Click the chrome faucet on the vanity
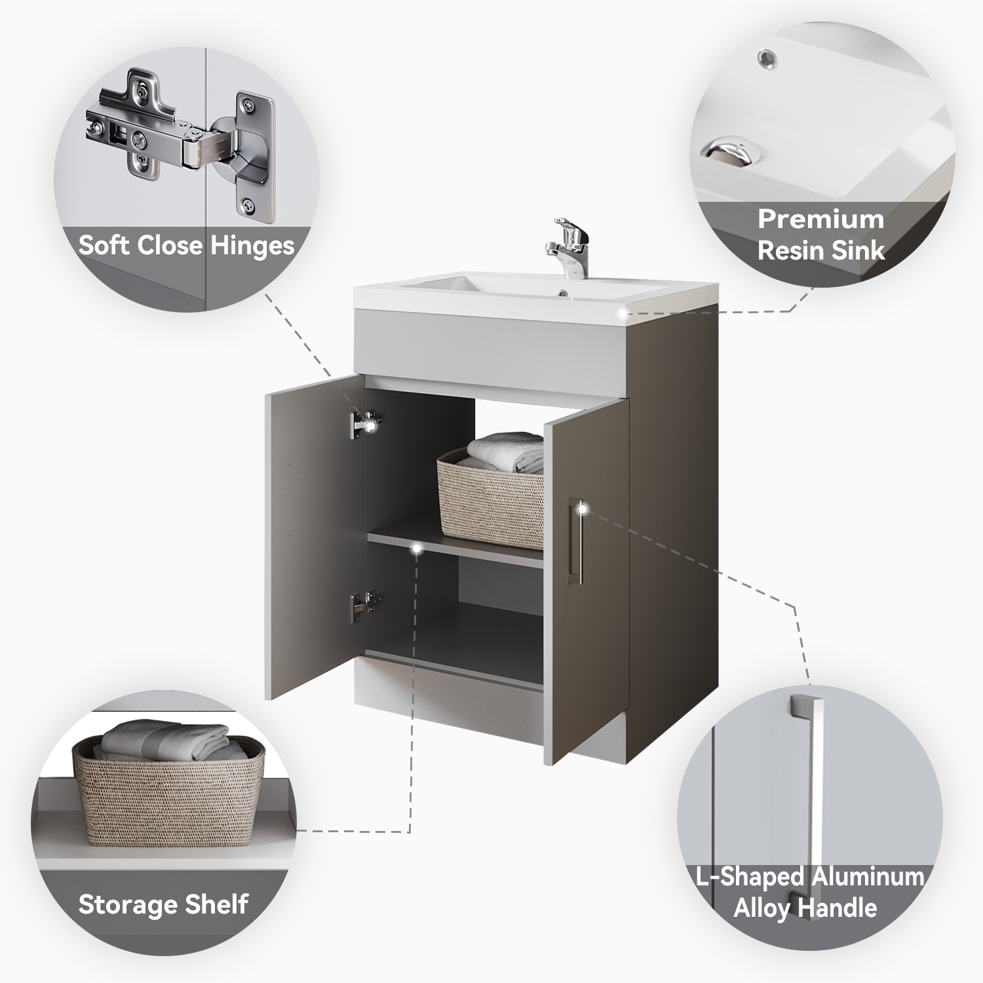tap(568, 247)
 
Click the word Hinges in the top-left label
tap(253, 246)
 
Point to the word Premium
tap(821, 219)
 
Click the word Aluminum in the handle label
tap(867, 876)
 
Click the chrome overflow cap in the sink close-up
tap(733, 149)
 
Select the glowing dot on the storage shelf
tap(417, 549)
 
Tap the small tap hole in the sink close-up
tap(765, 59)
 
